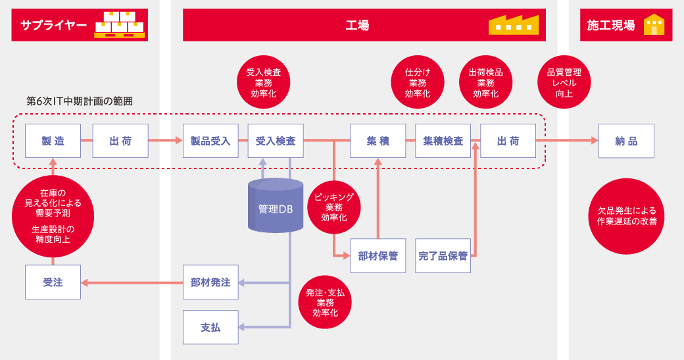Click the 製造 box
point(53,141)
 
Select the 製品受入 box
point(210,141)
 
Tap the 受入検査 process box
point(276,141)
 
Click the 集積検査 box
point(443,141)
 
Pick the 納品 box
point(626,141)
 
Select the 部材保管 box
point(378,256)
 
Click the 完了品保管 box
point(443,256)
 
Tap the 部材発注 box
point(210,282)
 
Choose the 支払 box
point(210,327)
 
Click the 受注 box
point(53,282)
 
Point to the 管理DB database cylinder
point(276,205)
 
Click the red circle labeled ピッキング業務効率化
point(334,207)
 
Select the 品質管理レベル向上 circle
point(564,82)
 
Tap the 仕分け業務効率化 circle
point(418,82)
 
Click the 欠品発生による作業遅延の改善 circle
point(626,216)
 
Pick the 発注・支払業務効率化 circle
point(325,302)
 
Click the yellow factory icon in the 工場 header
point(514,25)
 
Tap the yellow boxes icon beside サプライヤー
point(120,24)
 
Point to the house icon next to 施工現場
point(654,24)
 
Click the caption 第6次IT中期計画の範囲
point(80,101)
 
